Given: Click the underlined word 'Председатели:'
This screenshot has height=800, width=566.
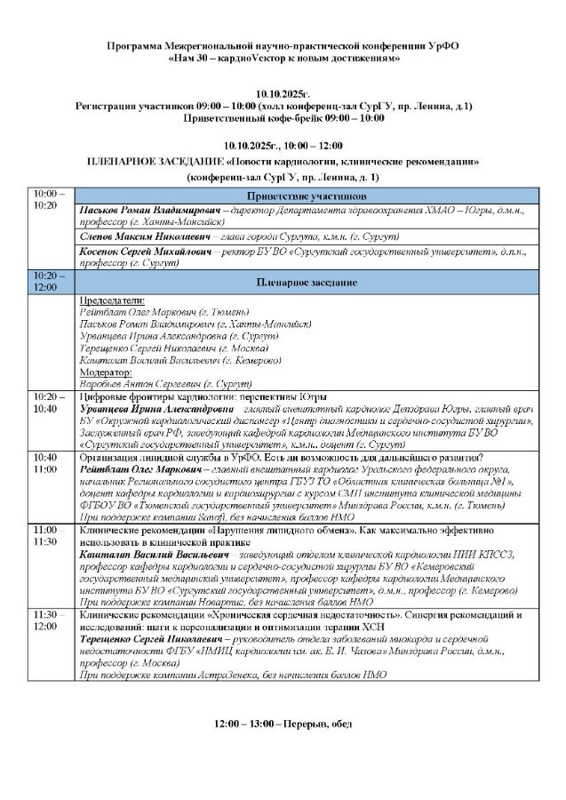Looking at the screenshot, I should click(x=112, y=300).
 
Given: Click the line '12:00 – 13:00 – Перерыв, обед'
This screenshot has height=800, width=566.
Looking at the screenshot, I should click(x=283, y=724).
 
